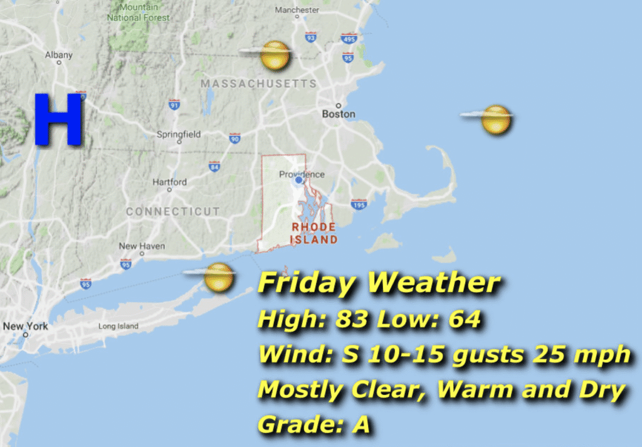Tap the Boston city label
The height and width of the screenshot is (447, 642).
point(339,114)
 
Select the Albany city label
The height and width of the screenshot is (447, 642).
point(58,55)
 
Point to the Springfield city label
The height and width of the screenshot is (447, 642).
point(179,134)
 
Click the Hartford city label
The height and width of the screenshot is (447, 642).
point(169,182)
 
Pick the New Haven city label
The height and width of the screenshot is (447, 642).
point(142,246)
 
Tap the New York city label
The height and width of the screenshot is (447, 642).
point(25,326)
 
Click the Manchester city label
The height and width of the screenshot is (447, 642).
point(297,10)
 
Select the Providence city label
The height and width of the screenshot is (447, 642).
point(302,174)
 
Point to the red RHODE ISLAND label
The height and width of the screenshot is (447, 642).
point(313,233)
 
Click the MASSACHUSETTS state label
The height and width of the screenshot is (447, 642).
point(258,83)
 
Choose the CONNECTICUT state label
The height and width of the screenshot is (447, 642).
point(173,211)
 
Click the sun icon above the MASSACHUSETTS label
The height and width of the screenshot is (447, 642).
point(275,55)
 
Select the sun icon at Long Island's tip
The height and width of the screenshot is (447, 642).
point(218,276)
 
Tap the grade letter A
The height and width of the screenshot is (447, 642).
point(360,425)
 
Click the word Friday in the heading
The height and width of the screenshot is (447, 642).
point(307,284)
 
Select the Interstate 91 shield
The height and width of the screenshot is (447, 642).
point(174,105)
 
